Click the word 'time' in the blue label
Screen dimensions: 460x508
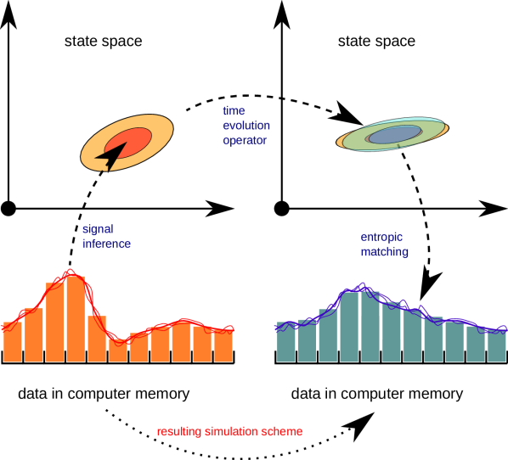[234, 110]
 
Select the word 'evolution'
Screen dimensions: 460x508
[246, 126]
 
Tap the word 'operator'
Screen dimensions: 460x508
[245, 140]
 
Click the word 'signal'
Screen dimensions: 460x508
[98, 229]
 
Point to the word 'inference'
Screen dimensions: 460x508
[106, 244]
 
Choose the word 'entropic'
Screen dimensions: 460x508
[381, 237]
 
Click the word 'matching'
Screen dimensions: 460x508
[384, 252]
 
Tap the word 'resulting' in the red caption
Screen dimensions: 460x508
[179, 432]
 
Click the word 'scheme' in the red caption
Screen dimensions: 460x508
[284, 432]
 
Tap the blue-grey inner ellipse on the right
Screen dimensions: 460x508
[395, 134]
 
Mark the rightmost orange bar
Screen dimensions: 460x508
[223, 345]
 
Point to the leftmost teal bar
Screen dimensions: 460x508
[286, 343]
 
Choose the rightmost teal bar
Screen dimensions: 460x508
[497, 346]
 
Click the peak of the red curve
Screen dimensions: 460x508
[71, 272]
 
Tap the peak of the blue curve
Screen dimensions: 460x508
[363, 285]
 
